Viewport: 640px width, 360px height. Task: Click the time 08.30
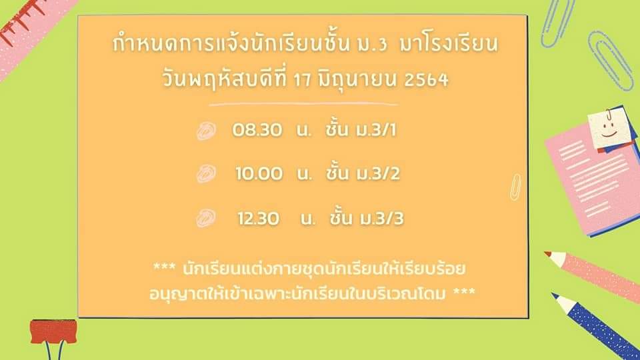tap(257, 130)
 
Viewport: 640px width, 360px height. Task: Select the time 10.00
tap(259, 174)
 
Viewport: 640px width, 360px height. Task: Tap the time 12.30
tap(259, 219)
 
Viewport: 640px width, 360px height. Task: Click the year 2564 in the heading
tap(427, 79)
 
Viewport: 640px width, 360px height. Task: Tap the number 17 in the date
tap(302, 80)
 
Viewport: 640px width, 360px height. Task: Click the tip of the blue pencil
tap(553, 294)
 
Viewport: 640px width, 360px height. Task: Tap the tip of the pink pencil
tap(547, 253)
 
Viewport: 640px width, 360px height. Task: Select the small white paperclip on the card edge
tap(516, 187)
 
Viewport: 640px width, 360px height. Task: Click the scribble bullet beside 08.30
tap(206, 131)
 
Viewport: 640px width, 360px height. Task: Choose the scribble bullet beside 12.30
tap(206, 218)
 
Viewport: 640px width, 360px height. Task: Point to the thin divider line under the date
tap(304, 105)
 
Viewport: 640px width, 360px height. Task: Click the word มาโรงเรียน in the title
tap(449, 44)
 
